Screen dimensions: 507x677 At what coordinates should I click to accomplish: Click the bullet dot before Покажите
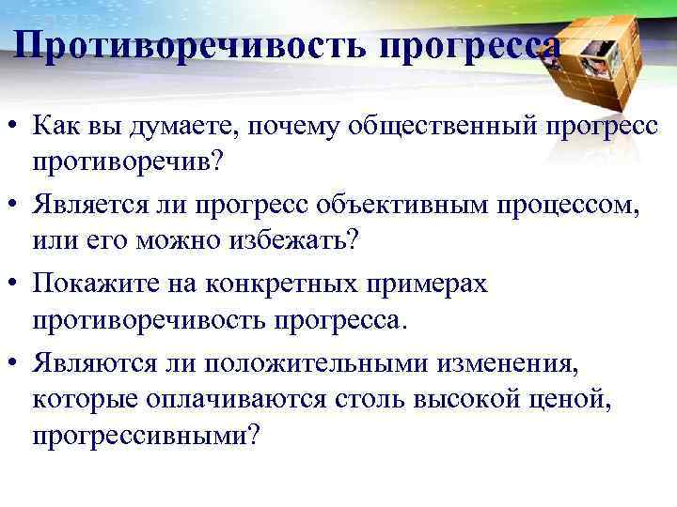click(x=16, y=284)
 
